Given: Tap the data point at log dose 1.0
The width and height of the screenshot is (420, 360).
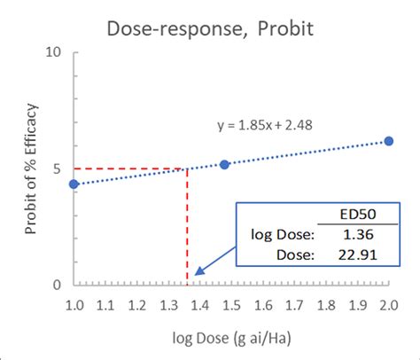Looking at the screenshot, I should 74,184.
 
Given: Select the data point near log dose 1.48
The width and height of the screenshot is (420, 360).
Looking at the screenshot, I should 224,164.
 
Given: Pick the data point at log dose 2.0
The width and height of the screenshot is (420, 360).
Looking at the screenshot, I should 388,141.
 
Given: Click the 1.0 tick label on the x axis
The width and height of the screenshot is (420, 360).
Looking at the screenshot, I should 74,305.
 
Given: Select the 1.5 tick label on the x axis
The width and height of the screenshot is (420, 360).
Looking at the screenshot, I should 230,305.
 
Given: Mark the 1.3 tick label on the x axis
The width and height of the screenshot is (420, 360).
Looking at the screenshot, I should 167,305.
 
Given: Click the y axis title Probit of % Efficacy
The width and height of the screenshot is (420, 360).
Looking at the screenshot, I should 30,168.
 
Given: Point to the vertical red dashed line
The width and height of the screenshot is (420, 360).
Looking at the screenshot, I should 187,231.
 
